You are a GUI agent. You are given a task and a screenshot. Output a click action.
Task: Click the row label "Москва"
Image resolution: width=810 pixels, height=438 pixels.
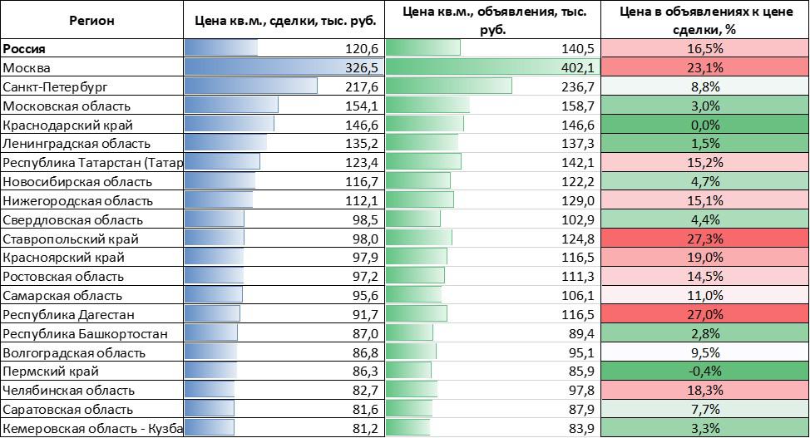(x=27, y=67)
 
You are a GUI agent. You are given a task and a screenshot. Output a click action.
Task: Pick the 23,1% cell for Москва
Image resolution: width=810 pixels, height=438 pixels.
(x=704, y=67)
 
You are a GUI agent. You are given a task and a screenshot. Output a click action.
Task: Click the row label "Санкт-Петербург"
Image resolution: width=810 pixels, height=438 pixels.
(x=56, y=86)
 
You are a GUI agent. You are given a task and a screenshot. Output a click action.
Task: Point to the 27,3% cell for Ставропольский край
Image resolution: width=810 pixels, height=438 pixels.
(x=704, y=239)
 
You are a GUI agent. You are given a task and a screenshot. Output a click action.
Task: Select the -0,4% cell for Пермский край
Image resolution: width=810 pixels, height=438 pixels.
(x=704, y=372)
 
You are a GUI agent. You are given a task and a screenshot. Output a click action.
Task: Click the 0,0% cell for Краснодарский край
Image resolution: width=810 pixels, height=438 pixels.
(x=704, y=125)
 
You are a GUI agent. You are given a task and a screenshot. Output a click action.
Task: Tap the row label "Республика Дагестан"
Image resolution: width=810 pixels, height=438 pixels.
(x=69, y=315)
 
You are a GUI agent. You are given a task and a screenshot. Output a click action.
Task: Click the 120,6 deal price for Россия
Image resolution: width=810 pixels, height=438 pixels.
(x=362, y=48)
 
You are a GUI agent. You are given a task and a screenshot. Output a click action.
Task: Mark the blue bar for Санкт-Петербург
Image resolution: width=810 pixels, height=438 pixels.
(x=250, y=86)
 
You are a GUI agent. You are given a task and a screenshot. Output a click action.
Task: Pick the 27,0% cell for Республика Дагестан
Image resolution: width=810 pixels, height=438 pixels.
(x=704, y=315)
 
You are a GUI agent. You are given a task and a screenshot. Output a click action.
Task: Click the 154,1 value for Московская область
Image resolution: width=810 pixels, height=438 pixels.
(x=362, y=106)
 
